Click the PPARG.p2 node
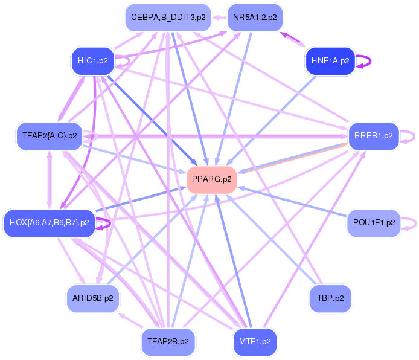(211, 179)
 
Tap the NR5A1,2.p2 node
(255, 18)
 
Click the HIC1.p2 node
(92, 60)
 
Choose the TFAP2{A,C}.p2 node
(50, 136)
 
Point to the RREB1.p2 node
(374, 136)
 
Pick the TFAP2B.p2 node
(168, 341)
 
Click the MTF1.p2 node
(255, 341)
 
